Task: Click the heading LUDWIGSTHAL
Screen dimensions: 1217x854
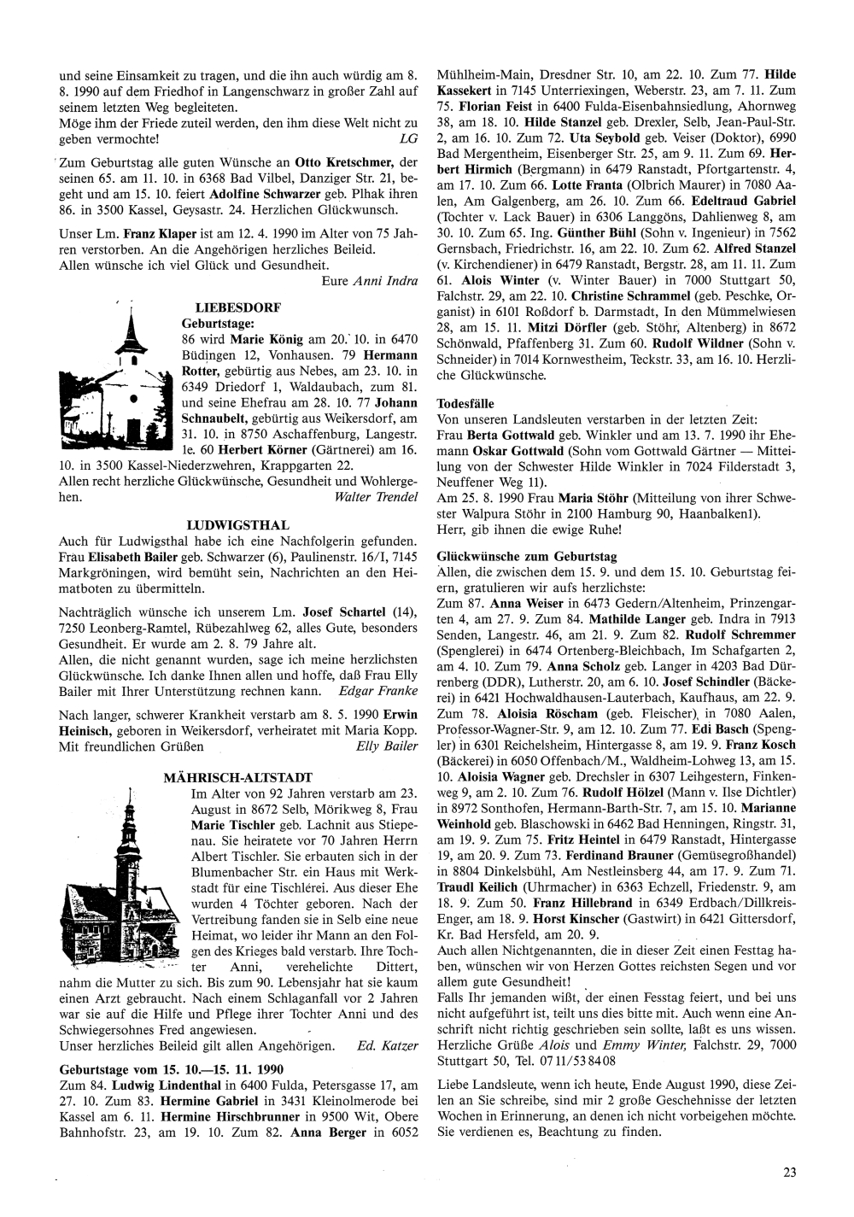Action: (x=237, y=525)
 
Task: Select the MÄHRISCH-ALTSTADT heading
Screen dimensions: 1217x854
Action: (x=237, y=777)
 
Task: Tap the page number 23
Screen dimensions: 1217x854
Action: (x=790, y=1173)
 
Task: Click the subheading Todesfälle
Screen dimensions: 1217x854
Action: (x=465, y=403)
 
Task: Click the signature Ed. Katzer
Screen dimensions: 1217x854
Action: (x=387, y=1046)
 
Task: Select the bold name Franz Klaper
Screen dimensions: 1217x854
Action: (x=155, y=233)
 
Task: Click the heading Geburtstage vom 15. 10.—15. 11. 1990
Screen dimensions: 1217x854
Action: (x=171, y=1069)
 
